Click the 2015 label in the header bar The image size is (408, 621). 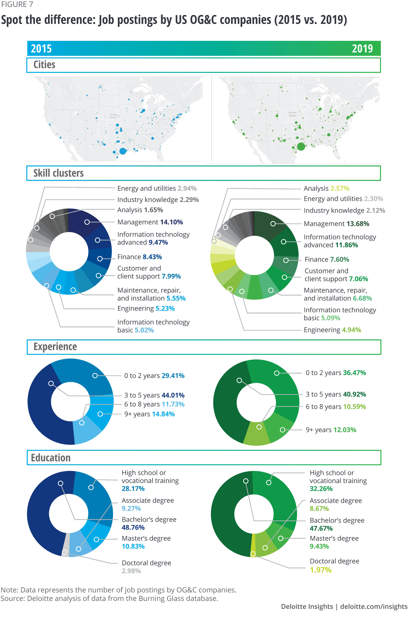41,49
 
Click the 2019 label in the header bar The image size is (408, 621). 362,49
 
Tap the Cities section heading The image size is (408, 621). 44,65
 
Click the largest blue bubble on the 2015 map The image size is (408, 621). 123,151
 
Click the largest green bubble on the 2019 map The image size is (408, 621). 301,146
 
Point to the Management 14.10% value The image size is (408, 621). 171,222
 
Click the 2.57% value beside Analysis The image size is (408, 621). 340,188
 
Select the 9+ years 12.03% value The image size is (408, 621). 345,430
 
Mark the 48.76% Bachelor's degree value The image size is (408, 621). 133,527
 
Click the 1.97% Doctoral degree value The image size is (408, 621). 320,570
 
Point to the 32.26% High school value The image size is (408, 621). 321,489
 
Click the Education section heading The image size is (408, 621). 51,458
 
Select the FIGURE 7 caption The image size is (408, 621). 17,4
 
